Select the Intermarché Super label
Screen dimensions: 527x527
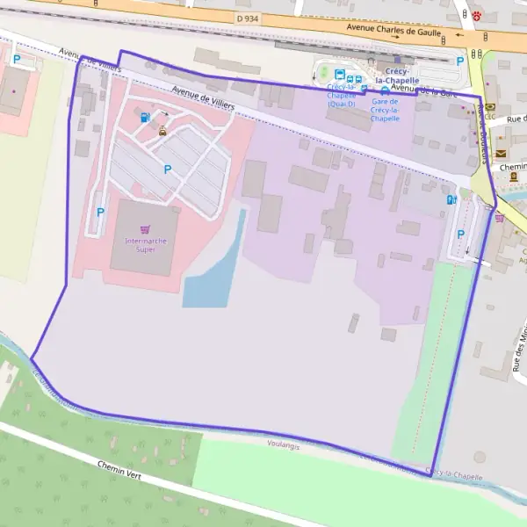coord(146,244)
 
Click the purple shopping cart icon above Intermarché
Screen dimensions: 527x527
coord(146,229)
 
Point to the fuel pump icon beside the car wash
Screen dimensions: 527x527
coord(145,116)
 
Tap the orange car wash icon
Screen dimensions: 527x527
coord(162,131)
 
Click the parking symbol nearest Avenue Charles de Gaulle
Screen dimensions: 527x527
coord(461,61)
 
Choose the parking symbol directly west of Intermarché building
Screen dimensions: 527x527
coord(100,212)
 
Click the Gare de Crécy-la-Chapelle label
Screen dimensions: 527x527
coord(385,109)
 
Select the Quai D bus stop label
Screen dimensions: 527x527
coord(339,95)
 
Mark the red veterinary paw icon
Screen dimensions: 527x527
coord(477,16)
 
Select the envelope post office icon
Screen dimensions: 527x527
coord(501,153)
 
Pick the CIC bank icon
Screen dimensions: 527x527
coord(489,107)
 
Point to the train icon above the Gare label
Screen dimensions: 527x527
coord(385,90)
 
